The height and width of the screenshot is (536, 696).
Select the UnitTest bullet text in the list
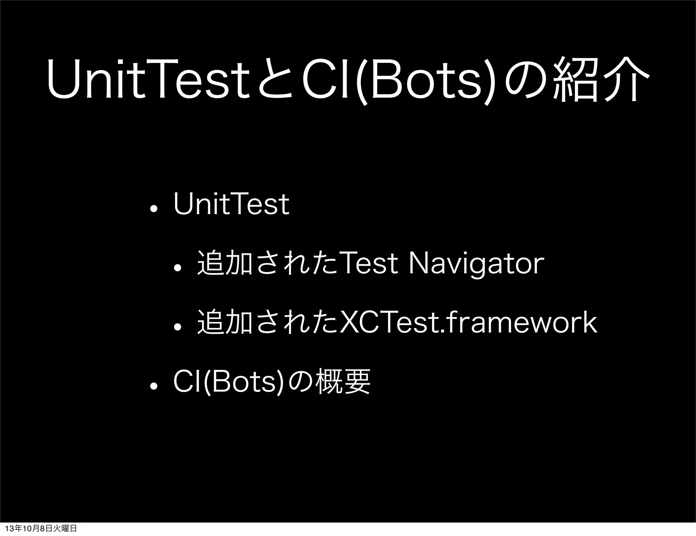[231, 204]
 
